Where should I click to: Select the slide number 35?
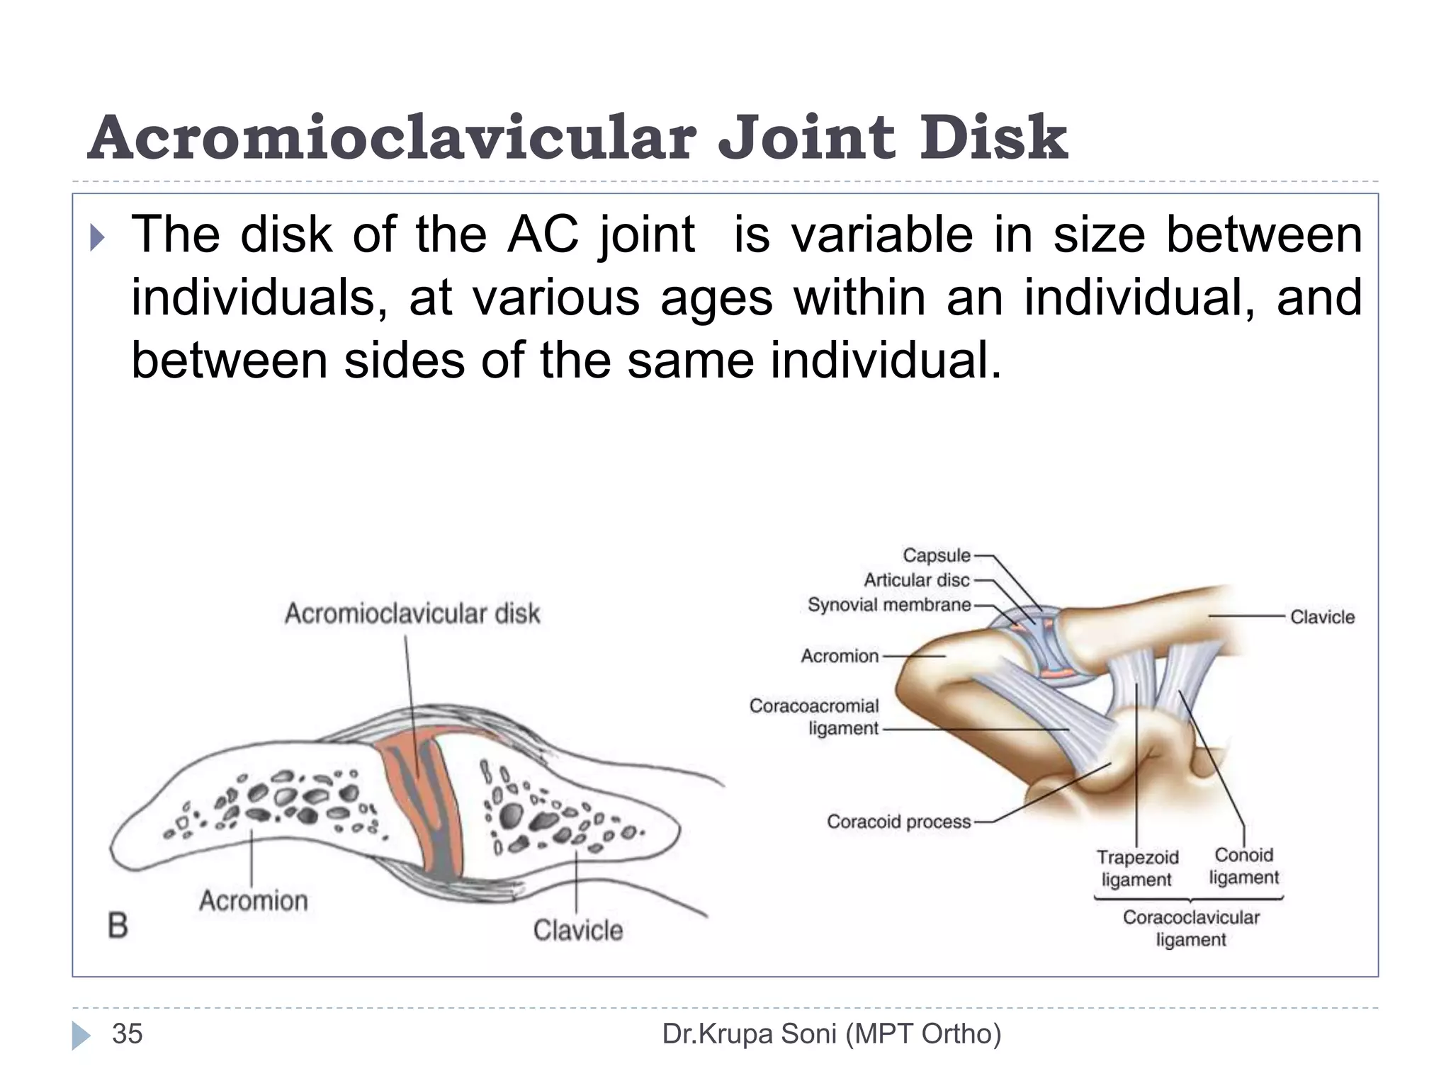click(128, 1034)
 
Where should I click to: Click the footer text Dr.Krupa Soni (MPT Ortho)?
click(831, 1034)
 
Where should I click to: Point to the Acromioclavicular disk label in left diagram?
click(412, 613)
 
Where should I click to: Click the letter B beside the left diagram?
click(118, 926)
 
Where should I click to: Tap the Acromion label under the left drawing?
click(254, 901)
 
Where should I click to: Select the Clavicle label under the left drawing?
click(577, 930)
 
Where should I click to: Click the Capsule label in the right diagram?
click(936, 555)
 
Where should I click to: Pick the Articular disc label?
click(916, 580)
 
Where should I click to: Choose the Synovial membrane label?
click(889, 605)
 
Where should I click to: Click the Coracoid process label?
click(898, 822)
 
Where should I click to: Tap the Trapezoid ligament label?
click(1137, 868)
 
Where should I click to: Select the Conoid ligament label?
click(1243, 866)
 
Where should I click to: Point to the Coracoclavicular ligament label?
click(1191, 928)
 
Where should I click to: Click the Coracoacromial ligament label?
click(815, 717)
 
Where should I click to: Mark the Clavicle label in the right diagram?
click(1322, 617)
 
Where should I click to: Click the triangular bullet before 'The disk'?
click(97, 239)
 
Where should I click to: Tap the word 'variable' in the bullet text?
click(881, 235)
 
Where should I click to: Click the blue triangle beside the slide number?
click(81, 1035)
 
